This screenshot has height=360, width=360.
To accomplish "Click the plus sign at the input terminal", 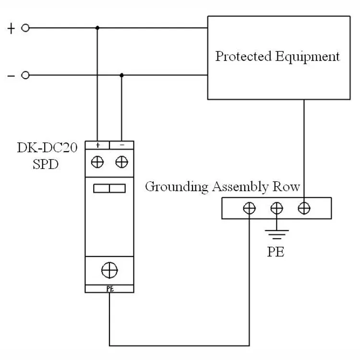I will (x=11, y=28).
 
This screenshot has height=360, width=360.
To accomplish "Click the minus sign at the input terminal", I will (x=11, y=76).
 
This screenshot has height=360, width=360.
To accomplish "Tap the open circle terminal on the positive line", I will (x=25, y=28).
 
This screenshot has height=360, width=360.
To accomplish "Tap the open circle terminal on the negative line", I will (x=25, y=75).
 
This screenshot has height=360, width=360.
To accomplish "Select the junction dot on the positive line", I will (x=97, y=28).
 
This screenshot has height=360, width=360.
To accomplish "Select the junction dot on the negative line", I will (x=121, y=75).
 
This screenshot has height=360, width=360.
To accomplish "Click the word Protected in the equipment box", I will (x=243, y=56).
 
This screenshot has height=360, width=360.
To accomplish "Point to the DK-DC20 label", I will (x=48, y=147).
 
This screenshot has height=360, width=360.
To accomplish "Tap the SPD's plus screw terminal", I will (x=97, y=162).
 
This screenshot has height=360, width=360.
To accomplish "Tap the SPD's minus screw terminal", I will (x=122, y=162).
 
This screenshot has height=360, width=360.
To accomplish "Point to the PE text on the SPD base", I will (x=109, y=288).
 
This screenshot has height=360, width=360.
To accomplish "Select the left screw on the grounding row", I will (x=249, y=208).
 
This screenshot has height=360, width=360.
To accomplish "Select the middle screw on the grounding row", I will (x=276, y=208).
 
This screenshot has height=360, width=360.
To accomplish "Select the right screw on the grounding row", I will (x=304, y=208).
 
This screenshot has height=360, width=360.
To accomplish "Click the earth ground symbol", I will (x=276, y=235).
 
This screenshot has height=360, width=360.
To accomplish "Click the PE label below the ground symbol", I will (x=276, y=251).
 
